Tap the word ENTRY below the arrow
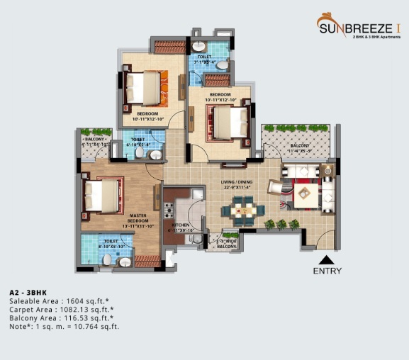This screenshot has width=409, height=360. coord(327,271)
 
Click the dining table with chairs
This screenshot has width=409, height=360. coord(241,210)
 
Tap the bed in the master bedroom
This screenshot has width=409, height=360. coord(100,196)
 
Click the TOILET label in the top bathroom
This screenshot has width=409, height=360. coord(204,56)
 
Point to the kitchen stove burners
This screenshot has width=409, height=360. coord(169,210)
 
